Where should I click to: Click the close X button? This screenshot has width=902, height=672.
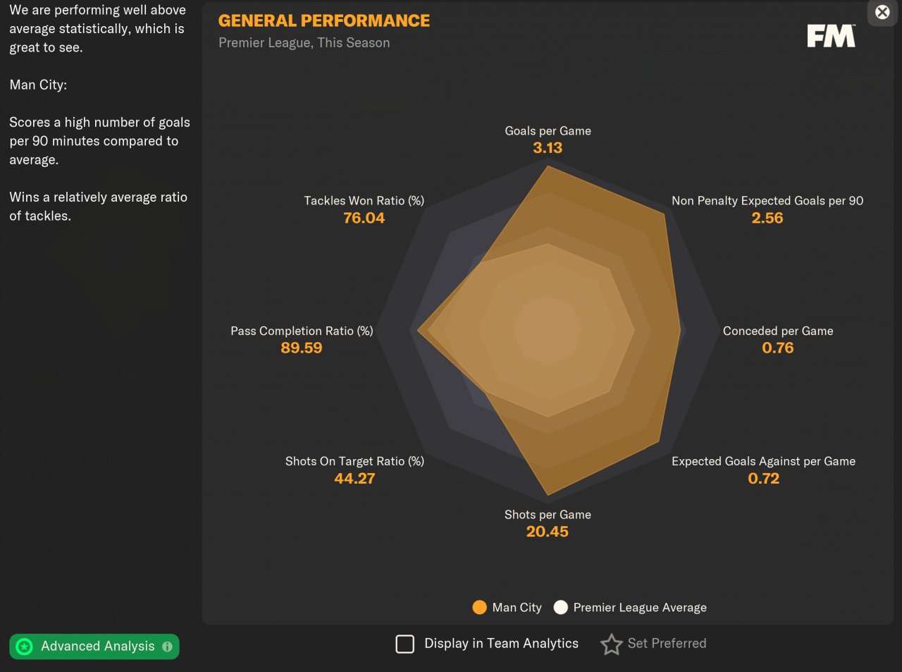[x=882, y=12]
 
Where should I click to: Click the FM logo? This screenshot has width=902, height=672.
[x=831, y=36]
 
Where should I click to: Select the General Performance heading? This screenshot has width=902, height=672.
[x=323, y=20]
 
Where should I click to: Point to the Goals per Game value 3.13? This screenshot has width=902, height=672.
[x=548, y=148]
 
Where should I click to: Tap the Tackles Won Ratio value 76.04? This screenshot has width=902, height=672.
[x=364, y=218]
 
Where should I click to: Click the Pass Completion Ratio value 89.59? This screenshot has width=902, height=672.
[x=301, y=348]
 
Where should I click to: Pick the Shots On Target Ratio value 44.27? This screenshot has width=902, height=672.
[x=354, y=478]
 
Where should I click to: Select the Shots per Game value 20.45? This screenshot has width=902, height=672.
[x=547, y=532]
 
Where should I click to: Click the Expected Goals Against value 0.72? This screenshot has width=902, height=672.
[x=763, y=478]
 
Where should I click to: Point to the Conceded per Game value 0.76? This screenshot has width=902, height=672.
[x=777, y=348]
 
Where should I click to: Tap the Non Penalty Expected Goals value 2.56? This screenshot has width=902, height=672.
[x=767, y=218]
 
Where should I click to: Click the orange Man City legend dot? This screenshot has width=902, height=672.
[x=479, y=607]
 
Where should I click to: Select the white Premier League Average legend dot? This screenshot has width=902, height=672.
[x=560, y=607]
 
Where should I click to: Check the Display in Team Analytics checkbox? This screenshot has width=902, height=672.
[x=405, y=644]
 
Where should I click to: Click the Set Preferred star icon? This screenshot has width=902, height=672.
[x=611, y=644]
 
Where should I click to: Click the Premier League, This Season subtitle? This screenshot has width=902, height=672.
[x=304, y=43]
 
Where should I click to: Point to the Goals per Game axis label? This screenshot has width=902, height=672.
[x=548, y=130]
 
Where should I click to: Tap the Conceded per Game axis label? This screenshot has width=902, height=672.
[x=777, y=331]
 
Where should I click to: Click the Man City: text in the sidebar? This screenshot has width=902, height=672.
[x=38, y=85]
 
